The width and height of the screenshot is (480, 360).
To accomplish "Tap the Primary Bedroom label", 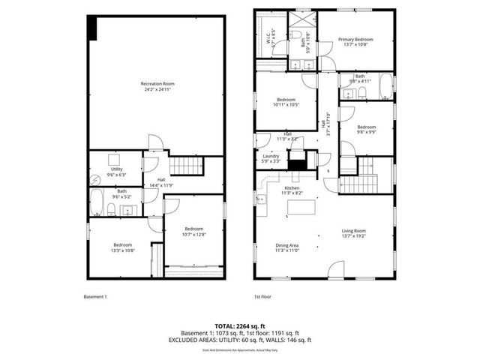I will click(355, 39).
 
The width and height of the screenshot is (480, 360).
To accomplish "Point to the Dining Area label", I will click(287, 246).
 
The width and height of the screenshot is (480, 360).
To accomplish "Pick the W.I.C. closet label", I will click(268, 32).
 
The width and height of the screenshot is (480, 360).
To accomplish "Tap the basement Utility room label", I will click(117, 169).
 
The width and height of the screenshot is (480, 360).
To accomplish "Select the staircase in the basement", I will click(185, 165).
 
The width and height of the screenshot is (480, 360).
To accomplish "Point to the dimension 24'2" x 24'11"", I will click(157, 89).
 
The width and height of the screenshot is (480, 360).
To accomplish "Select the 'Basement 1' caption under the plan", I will click(95, 297).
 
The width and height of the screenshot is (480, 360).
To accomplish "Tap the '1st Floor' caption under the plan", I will click(262, 297).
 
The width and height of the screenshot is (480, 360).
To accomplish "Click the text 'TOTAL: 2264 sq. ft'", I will click(239, 326).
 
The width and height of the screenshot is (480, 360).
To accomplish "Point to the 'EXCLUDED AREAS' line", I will click(239, 340).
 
